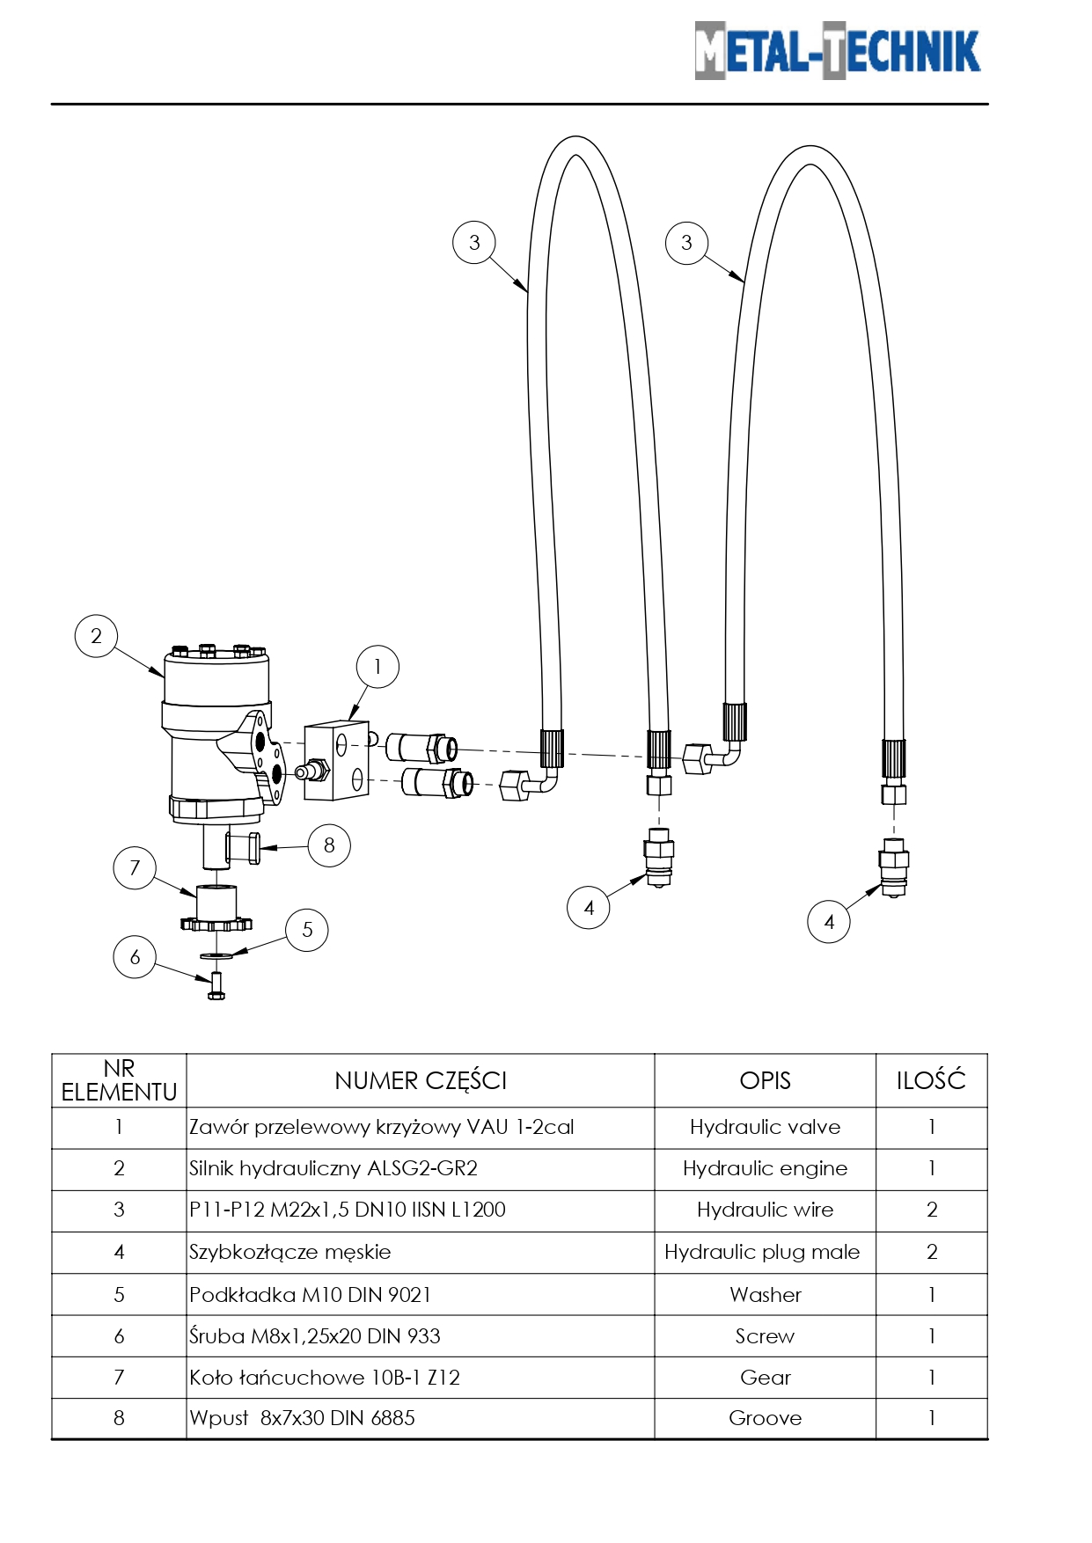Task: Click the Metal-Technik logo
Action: click(x=837, y=51)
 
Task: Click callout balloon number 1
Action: click(x=377, y=667)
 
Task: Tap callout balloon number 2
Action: click(x=96, y=636)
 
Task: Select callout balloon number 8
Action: click(x=329, y=845)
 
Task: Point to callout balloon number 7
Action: click(x=135, y=868)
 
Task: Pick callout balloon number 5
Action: click(x=307, y=930)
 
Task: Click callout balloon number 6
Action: click(x=135, y=957)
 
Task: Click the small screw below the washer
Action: click(x=216, y=986)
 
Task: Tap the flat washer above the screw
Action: click(x=216, y=954)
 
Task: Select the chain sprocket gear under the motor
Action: click(x=216, y=911)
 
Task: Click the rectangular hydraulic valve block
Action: click(x=335, y=761)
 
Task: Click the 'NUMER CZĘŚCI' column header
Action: click(x=421, y=1080)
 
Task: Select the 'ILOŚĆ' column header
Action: click(x=931, y=1080)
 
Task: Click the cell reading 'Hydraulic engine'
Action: click(x=765, y=1168)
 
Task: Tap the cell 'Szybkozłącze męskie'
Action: click(x=290, y=1252)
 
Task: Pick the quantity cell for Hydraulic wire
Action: click(x=932, y=1210)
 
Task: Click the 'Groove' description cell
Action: click(x=765, y=1418)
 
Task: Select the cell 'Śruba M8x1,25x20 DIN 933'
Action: click(x=315, y=1336)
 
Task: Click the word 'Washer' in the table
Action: click(x=765, y=1295)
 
